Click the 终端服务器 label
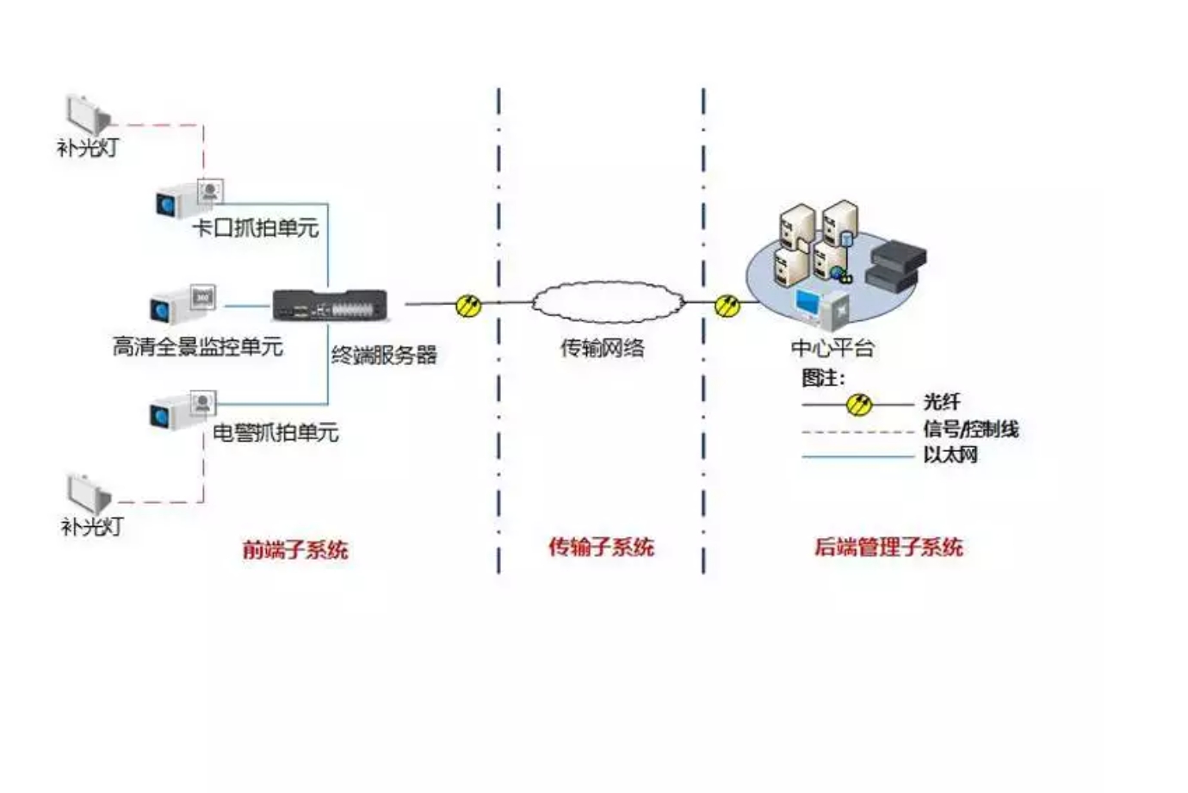tap(384, 354)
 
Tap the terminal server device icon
tap(330, 306)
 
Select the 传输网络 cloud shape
tap(607, 302)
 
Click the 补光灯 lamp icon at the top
tap(88, 115)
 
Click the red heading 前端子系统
tap(295, 549)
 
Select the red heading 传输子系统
tap(601, 547)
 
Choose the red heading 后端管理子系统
tap(888, 547)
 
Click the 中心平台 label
tap(832, 348)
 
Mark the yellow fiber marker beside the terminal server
tap(468, 305)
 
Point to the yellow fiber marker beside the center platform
tap(727, 304)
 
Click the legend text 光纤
tap(941, 401)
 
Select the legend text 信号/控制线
tap(970, 429)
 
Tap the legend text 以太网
tap(950, 455)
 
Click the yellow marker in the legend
tap(858, 404)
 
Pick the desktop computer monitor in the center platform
tap(809, 303)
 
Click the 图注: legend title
tap(823, 377)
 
